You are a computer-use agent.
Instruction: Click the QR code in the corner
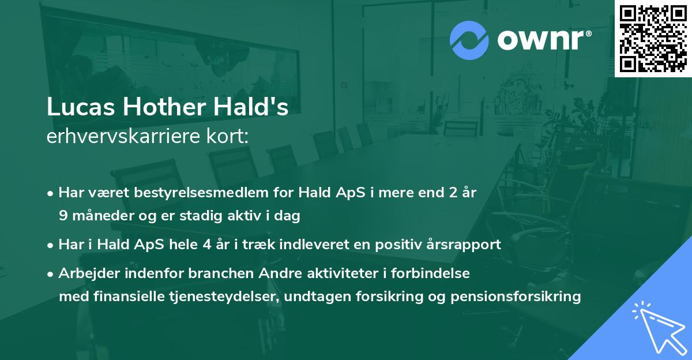coord(653,39)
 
